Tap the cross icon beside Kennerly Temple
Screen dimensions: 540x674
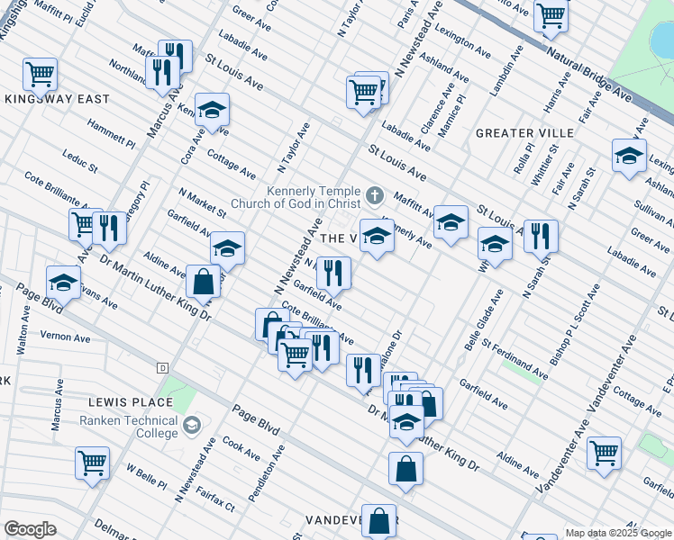375,194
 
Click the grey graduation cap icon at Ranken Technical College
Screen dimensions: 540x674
191,425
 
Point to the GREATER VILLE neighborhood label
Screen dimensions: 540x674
518,133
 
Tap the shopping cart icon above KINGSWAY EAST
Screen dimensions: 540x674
40,74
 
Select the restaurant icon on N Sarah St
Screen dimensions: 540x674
541,236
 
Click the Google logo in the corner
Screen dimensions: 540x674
29,528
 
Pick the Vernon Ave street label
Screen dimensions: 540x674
66,337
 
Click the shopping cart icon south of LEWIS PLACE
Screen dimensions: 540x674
93,463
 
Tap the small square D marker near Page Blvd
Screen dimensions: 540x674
162,367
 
